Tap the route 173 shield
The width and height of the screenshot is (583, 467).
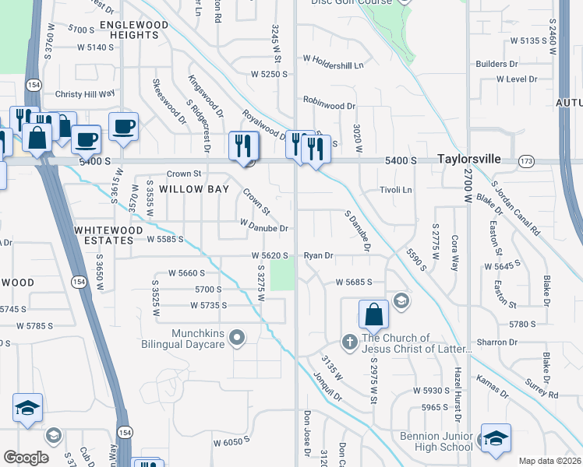pos(528,160)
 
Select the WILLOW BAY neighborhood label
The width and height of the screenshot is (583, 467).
pos(194,189)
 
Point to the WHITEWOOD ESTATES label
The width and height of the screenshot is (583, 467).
pos(108,235)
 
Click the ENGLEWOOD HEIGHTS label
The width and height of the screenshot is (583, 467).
pos(134,30)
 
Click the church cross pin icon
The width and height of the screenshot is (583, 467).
pos(350,341)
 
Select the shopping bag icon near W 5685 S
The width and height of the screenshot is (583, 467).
pos(373,314)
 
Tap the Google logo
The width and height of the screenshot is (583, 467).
pos(26,457)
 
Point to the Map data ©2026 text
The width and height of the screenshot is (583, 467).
pos(549,461)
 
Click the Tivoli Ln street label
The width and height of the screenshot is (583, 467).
pos(395,190)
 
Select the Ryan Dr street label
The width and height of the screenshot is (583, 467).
pos(318,255)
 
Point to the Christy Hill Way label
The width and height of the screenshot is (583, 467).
pos(85,93)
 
